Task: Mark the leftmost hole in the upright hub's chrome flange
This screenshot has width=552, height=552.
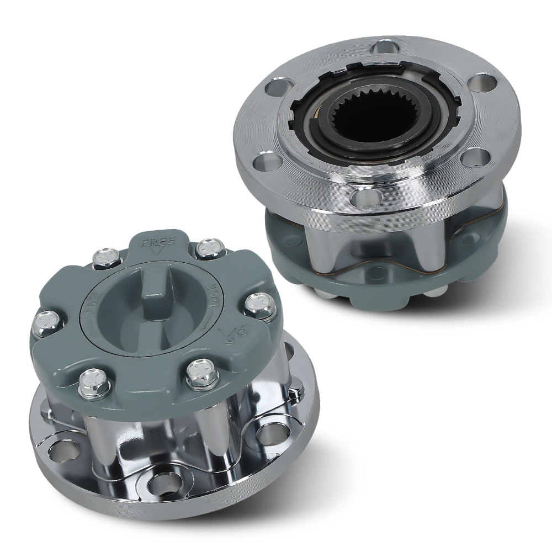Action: tap(58, 450)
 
